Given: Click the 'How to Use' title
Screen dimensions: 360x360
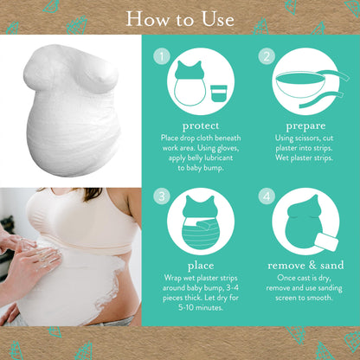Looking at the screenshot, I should (180, 18).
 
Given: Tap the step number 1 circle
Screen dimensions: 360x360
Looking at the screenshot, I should (159, 56).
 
